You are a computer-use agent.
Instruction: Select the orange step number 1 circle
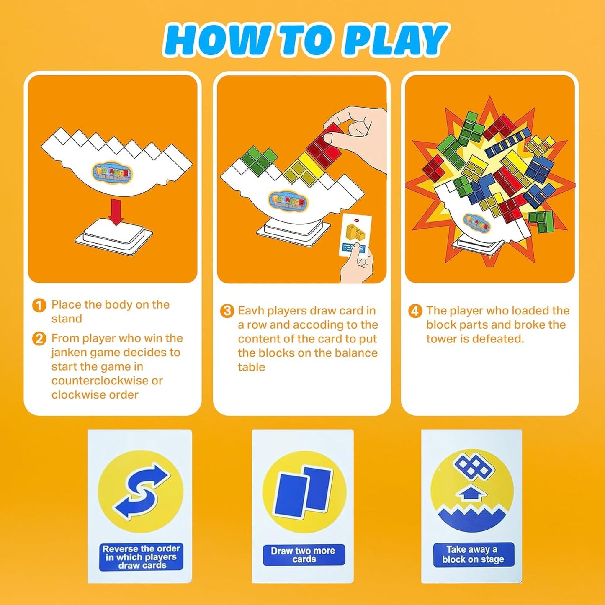39,305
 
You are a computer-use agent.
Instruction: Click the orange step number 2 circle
39,339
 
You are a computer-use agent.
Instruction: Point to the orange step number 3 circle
227,311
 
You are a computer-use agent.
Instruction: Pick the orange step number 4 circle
415,311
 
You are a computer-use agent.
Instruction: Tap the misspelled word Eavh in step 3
251,311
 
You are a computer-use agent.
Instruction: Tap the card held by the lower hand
355,234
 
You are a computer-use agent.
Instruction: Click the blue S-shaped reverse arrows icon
141,491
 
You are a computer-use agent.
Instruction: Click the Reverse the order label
141,557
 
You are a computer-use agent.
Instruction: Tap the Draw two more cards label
304,555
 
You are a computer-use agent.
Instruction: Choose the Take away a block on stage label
473,555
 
